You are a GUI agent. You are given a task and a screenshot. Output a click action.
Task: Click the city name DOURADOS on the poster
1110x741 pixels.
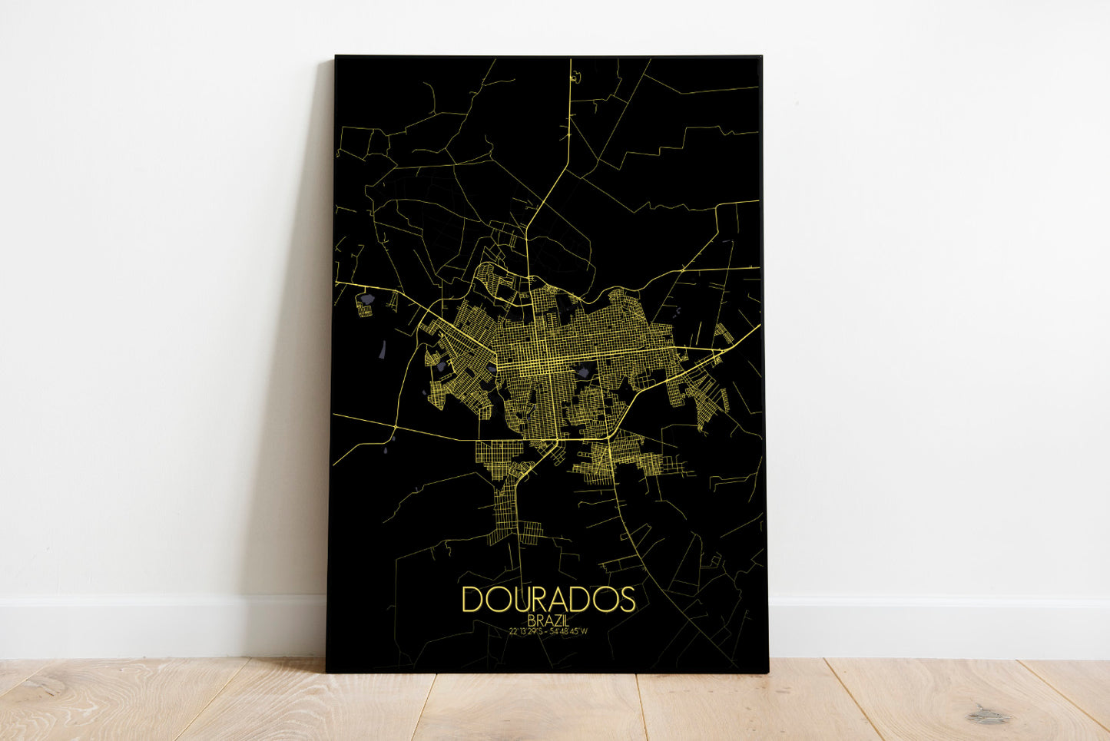coord(548,600)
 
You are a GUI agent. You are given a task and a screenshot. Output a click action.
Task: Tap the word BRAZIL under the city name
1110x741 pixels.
coord(548,620)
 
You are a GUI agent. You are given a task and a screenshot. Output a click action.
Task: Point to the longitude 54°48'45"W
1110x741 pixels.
coord(570,631)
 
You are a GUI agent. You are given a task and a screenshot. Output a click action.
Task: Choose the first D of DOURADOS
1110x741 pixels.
coord(472,600)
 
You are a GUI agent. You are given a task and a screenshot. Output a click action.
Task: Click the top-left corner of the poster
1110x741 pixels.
coord(336,57)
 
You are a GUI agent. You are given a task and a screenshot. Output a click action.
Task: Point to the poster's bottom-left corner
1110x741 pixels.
coord(327,670)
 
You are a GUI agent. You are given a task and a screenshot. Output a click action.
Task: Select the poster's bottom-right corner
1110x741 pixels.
coord(767,672)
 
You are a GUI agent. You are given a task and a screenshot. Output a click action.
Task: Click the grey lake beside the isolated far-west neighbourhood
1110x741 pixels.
coord(369,296)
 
